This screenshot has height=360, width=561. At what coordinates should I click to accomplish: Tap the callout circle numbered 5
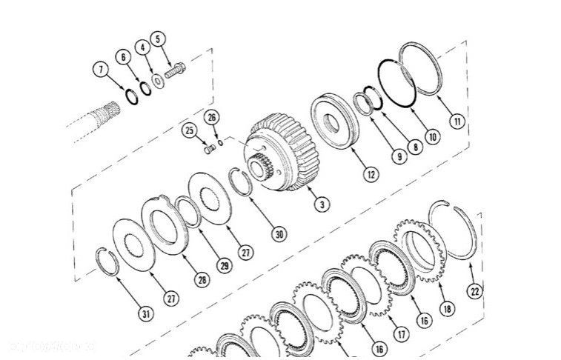[158, 39]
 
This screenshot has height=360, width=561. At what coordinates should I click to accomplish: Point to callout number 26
[211, 118]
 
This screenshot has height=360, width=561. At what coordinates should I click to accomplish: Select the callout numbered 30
[279, 234]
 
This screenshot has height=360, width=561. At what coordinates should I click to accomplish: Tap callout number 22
[474, 291]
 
